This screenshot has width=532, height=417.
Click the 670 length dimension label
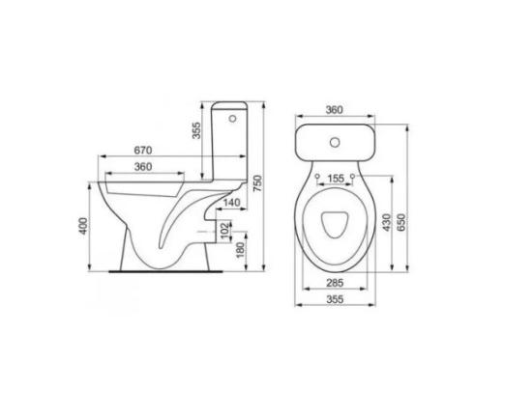(x=143, y=151)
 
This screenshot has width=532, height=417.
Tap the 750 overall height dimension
(x=257, y=183)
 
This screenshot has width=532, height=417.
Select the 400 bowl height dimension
(x=83, y=226)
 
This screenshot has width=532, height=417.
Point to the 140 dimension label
(x=232, y=203)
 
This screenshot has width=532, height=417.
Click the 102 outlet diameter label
(x=225, y=231)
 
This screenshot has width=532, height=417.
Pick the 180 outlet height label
(x=240, y=250)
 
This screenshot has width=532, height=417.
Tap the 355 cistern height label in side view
(x=196, y=130)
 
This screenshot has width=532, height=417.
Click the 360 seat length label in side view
(x=143, y=167)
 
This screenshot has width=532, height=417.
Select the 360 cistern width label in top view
(x=335, y=110)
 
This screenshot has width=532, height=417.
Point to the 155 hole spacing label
(x=336, y=179)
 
